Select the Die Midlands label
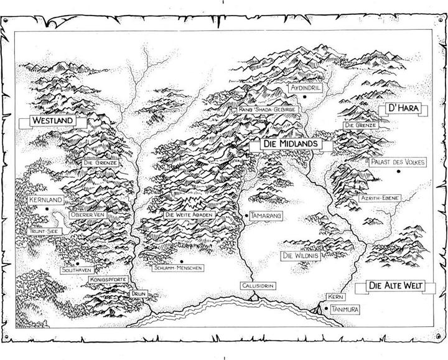[290, 144]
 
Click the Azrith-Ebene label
[379, 198]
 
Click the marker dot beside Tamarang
[247, 216]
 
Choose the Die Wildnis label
[301, 255]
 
